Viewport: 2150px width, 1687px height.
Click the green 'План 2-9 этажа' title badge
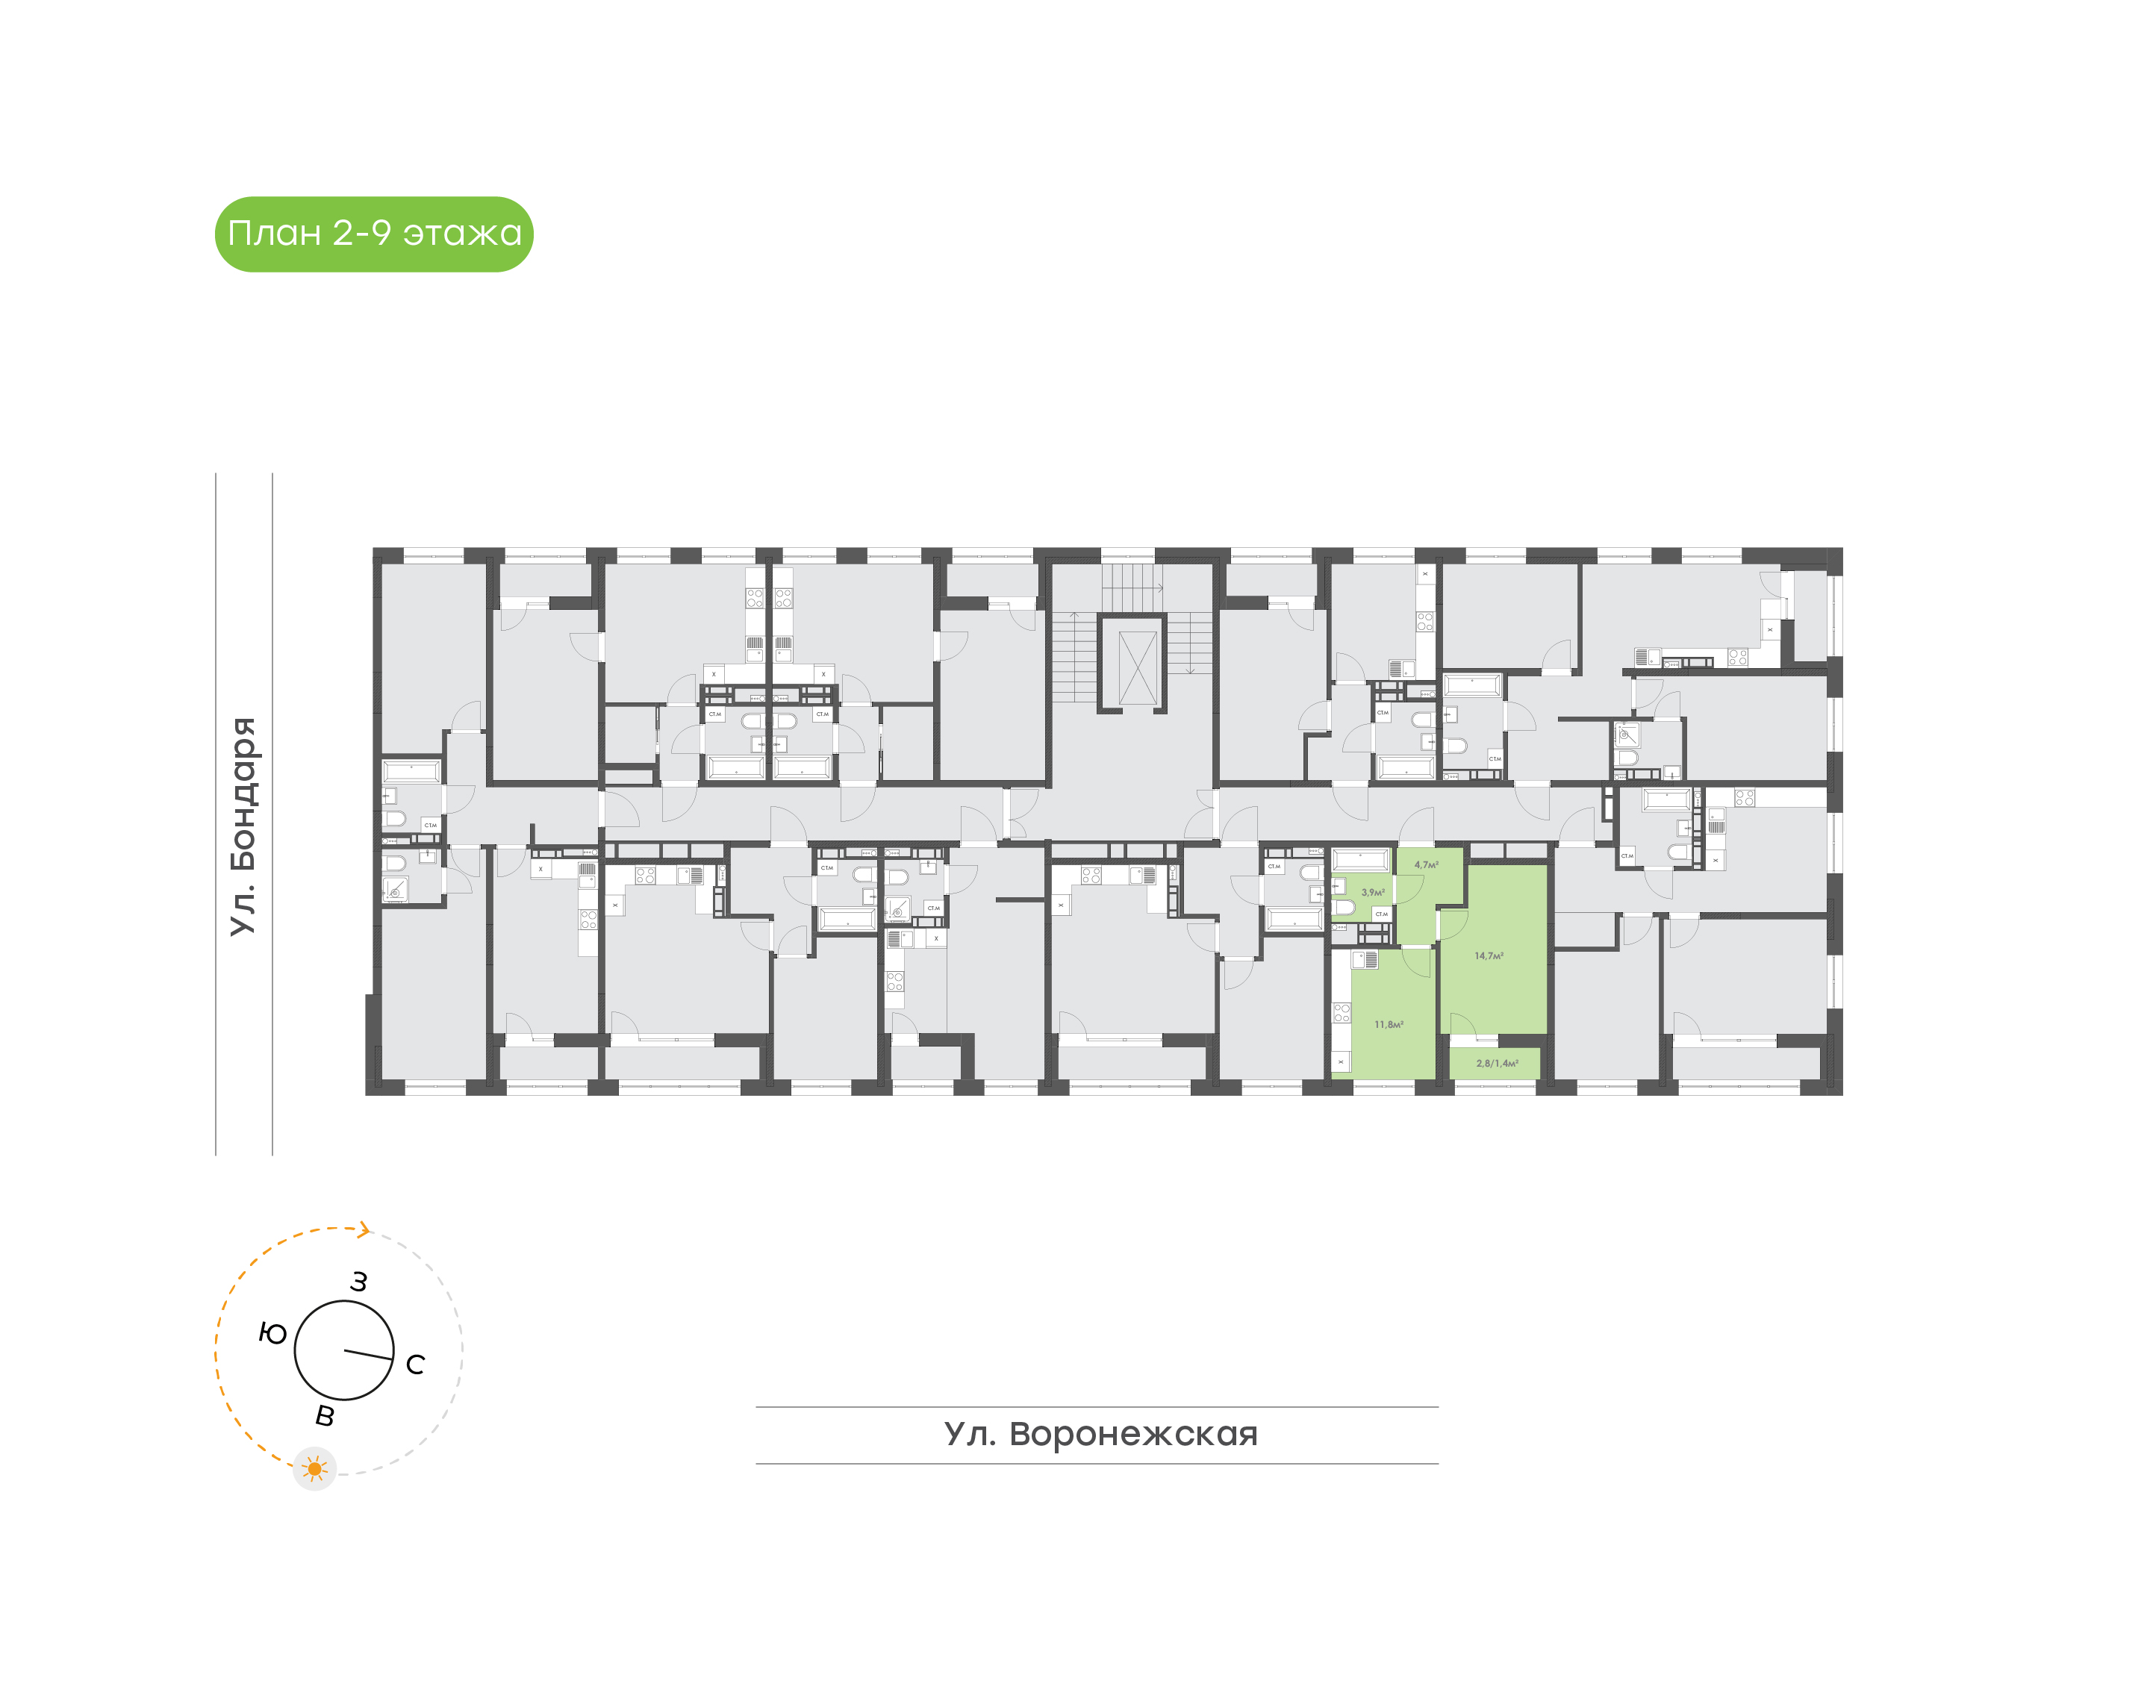(373, 234)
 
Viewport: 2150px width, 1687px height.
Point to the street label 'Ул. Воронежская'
(1100, 1433)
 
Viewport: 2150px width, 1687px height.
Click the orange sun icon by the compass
(314, 1469)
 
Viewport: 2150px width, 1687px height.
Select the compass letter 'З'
(358, 1282)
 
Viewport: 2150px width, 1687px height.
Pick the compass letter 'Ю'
(272, 1335)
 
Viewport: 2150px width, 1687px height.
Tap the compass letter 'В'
(325, 1416)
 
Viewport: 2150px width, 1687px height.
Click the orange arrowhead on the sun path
(364, 1229)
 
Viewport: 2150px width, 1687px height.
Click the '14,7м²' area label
(1489, 956)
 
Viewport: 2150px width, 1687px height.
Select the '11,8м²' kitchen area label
(1389, 1024)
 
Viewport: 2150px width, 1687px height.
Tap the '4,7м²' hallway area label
(1426, 865)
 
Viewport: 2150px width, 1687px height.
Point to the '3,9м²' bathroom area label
(1373, 892)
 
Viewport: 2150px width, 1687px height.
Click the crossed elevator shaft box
(1137, 667)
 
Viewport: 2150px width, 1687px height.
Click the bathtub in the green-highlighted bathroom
(1361, 859)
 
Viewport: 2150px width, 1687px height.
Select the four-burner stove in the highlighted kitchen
(1342, 1012)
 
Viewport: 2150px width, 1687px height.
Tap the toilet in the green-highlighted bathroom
(1343, 908)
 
